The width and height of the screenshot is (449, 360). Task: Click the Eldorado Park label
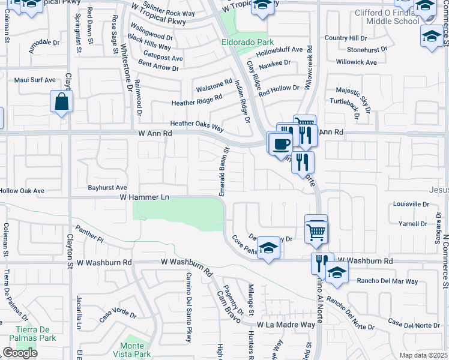(x=247, y=42)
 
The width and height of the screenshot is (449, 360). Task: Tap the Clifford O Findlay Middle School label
(x=384, y=16)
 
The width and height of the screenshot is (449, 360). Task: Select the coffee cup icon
(x=280, y=145)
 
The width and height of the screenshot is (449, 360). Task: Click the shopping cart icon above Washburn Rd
(x=316, y=230)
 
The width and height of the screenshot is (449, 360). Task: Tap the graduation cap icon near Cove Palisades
(x=268, y=248)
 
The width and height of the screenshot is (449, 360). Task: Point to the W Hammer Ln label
(x=144, y=197)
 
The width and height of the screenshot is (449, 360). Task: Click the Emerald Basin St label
(x=224, y=172)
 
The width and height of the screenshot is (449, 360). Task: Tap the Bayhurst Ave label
(x=107, y=187)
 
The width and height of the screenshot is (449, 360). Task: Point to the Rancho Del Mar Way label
(x=387, y=281)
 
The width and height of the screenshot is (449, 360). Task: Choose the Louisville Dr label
(x=411, y=204)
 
